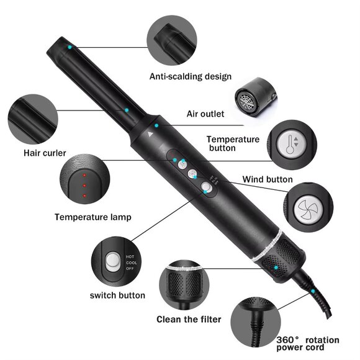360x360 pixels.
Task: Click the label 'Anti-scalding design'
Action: tap(190, 76)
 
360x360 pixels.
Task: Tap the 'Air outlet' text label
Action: tap(205, 114)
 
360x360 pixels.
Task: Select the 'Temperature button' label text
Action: tap(233, 144)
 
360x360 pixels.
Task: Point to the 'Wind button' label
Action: tap(268, 180)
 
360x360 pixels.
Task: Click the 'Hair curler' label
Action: tap(45, 153)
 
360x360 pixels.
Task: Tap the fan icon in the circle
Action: tap(309, 206)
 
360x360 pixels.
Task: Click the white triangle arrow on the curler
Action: tap(150, 132)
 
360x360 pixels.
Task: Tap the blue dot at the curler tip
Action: tap(70, 47)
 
